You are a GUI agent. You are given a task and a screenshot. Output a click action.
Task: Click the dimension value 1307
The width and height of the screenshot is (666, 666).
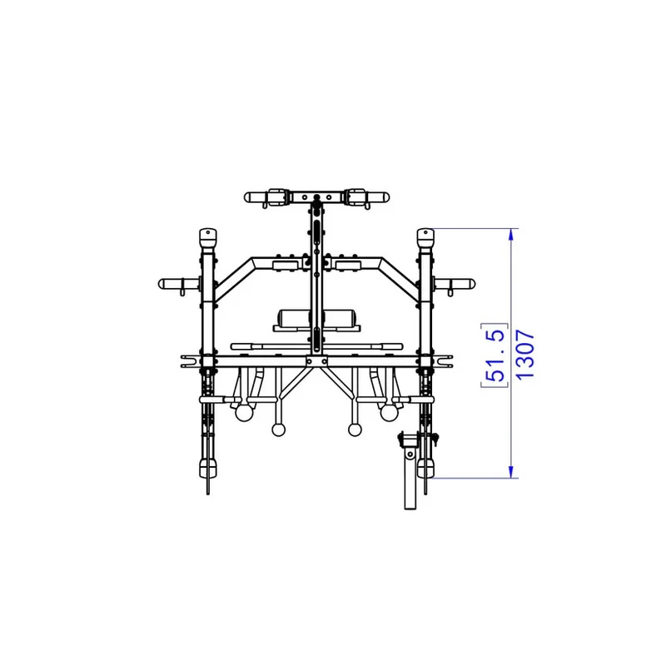point(525,354)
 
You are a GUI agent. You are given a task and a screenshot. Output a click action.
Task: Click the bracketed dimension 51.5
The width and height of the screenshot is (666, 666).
point(495,355)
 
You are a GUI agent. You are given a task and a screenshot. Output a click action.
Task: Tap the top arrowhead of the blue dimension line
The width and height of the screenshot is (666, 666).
point(511,235)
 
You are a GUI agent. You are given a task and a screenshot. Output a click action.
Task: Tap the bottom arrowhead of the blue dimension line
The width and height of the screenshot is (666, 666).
point(511,471)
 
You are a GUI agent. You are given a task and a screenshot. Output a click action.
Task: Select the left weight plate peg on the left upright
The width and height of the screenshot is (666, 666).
point(179,284)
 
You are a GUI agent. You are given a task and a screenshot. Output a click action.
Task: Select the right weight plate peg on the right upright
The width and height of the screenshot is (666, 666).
point(454,284)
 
